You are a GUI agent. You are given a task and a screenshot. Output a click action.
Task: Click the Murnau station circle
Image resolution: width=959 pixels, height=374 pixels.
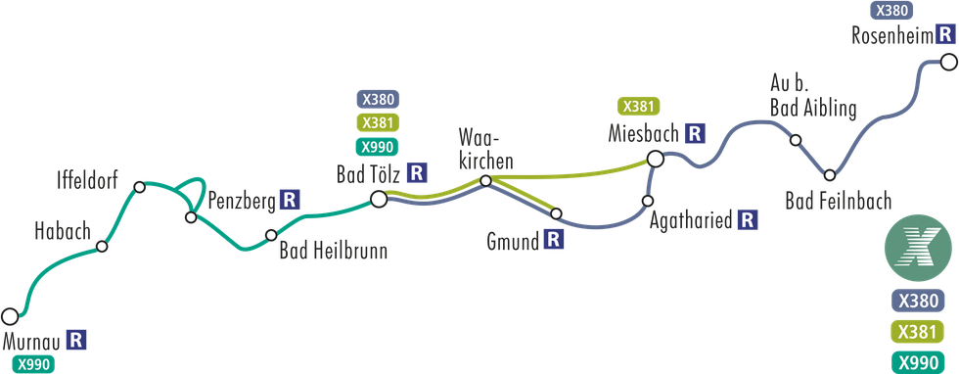(10, 316)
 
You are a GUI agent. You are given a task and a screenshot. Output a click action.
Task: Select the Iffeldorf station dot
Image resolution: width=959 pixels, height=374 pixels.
(140, 186)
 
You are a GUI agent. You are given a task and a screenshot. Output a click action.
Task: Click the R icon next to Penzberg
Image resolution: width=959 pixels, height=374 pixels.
(289, 200)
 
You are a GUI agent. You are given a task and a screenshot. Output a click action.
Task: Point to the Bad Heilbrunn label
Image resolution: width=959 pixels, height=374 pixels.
(333, 252)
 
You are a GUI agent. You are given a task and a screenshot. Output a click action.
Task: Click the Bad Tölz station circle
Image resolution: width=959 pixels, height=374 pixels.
(379, 200)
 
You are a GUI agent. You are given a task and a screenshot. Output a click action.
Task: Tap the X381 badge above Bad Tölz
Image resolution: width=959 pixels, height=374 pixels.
(377, 123)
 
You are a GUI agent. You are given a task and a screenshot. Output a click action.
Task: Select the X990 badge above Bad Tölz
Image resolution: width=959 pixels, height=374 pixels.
(377, 148)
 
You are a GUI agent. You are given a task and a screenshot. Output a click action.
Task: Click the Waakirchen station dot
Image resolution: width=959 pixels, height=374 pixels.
(485, 180)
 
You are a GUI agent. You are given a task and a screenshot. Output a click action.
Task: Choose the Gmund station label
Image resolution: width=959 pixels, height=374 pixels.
(514, 241)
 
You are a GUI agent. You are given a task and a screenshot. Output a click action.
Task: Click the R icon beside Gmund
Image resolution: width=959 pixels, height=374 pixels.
(553, 240)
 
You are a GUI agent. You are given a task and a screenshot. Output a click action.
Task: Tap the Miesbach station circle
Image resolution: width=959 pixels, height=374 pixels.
(656, 158)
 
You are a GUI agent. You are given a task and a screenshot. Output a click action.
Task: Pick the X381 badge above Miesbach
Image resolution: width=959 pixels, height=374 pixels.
(638, 106)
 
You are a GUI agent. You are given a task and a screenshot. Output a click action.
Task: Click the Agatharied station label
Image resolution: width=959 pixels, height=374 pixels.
(691, 221)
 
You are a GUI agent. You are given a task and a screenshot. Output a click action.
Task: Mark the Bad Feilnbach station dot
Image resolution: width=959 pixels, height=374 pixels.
(829, 175)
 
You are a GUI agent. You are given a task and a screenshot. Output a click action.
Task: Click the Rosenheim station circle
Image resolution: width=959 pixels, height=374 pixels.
(948, 61)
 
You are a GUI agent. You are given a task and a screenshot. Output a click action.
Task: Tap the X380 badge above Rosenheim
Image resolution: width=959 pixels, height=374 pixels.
(890, 12)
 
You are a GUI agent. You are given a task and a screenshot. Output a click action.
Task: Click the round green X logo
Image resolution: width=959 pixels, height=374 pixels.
(917, 250)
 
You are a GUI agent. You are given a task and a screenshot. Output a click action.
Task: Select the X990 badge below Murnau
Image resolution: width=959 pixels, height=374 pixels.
(29, 364)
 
